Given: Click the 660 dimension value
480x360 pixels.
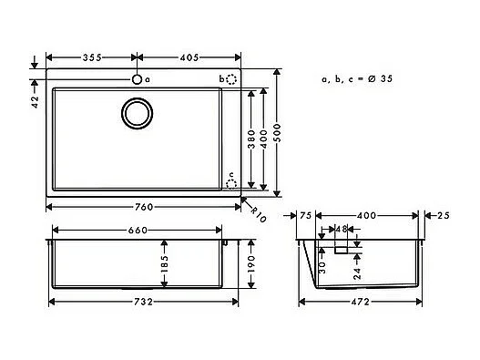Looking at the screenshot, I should coord(138,231).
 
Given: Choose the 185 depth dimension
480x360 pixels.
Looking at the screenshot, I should coord(163,266).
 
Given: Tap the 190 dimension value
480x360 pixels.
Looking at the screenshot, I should coord(250,266).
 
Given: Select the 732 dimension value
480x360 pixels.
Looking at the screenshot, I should coord(138,302).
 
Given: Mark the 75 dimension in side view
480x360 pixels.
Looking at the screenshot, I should coord(305,217).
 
